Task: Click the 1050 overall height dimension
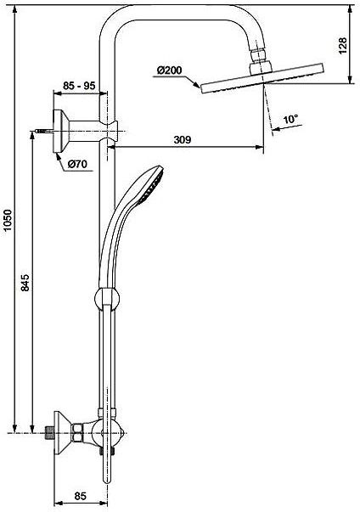click(8, 220)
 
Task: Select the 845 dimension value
click(25, 283)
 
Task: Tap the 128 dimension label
click(342, 46)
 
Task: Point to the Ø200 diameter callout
click(169, 70)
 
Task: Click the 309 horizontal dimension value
click(182, 140)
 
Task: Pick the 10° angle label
click(290, 119)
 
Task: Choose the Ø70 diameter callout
click(77, 164)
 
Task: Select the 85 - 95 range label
click(79, 86)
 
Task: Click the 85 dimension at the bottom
click(80, 496)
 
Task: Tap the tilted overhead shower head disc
click(263, 78)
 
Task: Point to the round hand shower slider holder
click(107, 298)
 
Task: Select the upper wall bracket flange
click(60, 132)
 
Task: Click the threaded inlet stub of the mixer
click(49, 433)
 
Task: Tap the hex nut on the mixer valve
click(77, 433)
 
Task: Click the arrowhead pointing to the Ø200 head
click(197, 85)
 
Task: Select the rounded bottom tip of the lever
click(107, 481)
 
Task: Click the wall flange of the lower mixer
click(60, 433)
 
